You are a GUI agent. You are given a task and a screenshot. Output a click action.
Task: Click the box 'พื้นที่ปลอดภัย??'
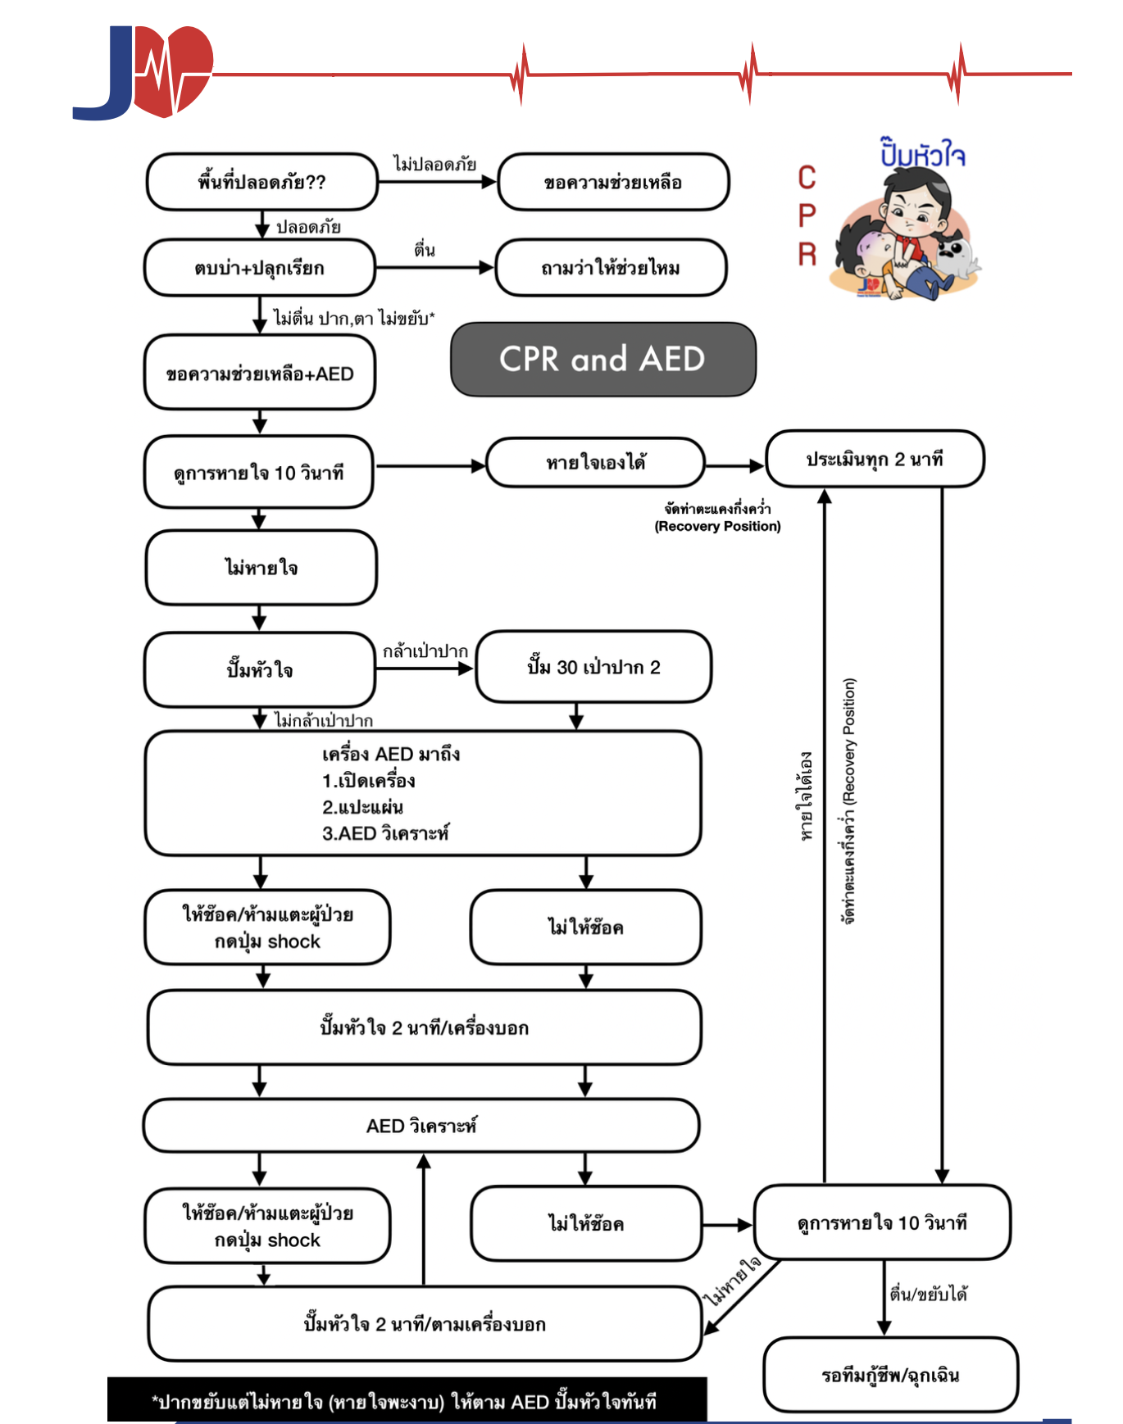[x=261, y=182]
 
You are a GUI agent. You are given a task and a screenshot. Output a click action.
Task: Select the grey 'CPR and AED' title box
[x=602, y=359]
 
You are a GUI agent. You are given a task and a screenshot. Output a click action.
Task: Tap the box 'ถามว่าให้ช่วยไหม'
[x=611, y=268]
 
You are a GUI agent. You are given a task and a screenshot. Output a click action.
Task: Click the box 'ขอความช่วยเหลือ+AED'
[x=260, y=374]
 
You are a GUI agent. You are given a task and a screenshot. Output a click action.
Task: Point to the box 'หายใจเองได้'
[x=596, y=463]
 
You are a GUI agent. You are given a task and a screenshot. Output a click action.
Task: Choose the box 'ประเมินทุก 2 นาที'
[x=875, y=459]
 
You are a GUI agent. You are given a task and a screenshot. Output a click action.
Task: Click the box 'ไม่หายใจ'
[x=261, y=568]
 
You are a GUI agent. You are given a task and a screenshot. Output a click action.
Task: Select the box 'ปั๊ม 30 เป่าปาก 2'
[x=593, y=667]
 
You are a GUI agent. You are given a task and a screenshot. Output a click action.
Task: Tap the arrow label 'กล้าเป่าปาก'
[x=425, y=651]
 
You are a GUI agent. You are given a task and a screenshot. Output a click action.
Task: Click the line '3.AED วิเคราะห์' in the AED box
[x=385, y=833]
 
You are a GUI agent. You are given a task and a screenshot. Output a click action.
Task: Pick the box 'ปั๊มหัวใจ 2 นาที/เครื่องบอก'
[x=424, y=1027]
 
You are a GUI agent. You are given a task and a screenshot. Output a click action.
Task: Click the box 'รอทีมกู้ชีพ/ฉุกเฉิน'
[x=890, y=1375]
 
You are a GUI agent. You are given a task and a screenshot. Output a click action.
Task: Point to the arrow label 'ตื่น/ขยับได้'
[x=928, y=1294]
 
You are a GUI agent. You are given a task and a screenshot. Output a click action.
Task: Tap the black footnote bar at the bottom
[x=407, y=1401]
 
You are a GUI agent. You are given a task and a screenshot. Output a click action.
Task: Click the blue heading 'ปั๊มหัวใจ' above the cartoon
[x=922, y=153]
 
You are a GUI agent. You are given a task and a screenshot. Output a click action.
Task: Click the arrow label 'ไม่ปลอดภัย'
[x=434, y=164]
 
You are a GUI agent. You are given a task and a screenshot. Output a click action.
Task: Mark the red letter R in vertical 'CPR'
[x=807, y=254]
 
